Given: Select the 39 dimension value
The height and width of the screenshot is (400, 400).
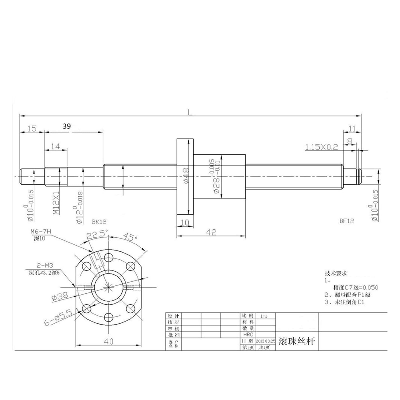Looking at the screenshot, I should pos(67,126).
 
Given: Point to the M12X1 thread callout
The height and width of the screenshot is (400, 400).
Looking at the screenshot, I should pos(56,203).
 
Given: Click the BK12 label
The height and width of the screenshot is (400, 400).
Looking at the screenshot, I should pos(99,221).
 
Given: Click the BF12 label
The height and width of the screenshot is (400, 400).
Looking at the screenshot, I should pos(346,221).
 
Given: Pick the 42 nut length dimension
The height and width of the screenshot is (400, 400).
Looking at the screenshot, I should pos(211,232).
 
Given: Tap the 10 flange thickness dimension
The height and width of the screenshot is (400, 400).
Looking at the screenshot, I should pos(185,222).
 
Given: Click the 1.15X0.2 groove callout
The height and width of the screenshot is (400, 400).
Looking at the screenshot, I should pos(321,147).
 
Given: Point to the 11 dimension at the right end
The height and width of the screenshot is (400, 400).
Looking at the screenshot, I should pos(352,129).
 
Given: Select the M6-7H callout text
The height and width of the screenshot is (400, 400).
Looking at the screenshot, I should pos(40,231).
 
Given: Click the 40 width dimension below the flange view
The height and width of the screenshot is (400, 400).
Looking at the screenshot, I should pos(108,341).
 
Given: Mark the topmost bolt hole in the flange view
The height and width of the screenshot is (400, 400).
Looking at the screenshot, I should pos(109,257).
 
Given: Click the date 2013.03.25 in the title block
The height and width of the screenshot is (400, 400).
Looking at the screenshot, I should pos(265,341).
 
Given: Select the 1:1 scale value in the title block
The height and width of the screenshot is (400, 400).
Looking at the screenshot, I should pos(264,316).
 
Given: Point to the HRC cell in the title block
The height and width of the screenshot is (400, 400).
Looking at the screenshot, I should pos(248,334).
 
